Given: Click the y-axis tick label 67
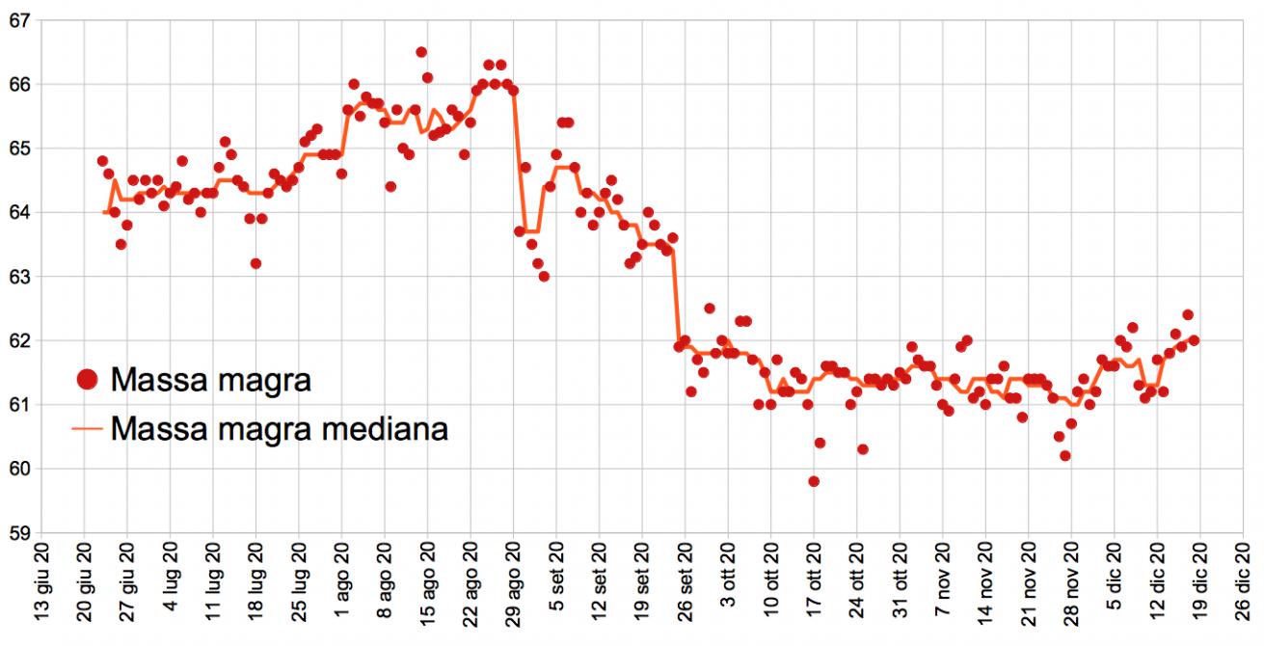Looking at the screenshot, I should [17, 20].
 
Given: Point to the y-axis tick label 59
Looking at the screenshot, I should [17, 533].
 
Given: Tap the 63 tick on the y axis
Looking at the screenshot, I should [17, 277].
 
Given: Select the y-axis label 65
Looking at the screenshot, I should [17, 148].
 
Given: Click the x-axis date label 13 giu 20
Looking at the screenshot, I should [40, 592].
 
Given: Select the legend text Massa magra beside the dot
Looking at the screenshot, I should [211, 380].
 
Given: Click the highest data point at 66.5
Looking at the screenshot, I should [421, 52].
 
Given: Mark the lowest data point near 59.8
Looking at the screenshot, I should [814, 481].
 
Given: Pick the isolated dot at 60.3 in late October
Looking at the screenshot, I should [862, 449].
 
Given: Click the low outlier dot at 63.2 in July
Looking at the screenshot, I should [255, 263].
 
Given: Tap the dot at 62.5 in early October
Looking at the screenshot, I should [709, 309].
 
